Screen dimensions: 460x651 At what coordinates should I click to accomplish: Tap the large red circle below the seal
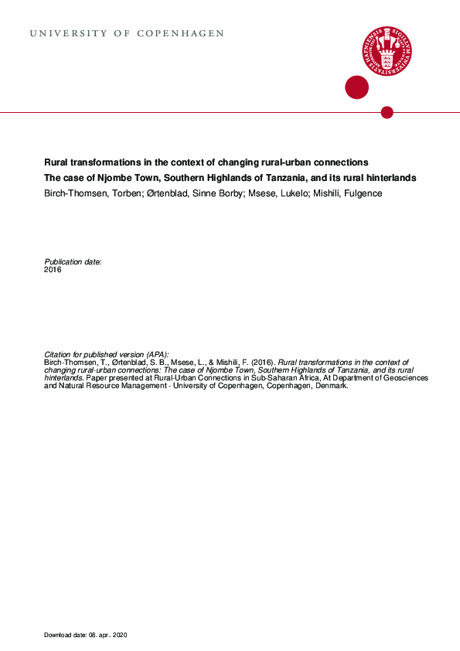356,87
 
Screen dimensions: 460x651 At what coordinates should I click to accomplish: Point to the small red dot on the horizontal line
387,113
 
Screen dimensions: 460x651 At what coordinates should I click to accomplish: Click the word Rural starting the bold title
55,162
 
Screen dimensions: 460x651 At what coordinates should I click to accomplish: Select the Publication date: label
73,262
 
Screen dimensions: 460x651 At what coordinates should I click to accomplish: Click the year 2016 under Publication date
53,270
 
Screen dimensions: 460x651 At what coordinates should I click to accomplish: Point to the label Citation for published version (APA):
106,353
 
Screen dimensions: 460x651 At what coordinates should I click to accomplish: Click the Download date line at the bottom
85,635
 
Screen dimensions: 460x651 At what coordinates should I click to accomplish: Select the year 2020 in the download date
118,635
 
